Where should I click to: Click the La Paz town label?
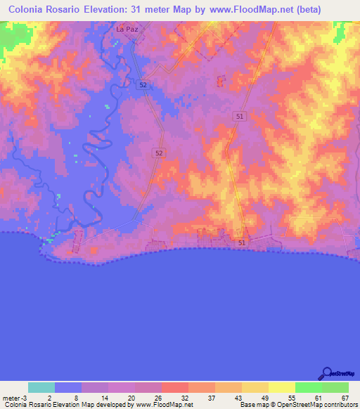tap(127, 30)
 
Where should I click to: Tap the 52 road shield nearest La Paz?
tap(143, 84)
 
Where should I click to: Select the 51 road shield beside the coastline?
tap(242, 242)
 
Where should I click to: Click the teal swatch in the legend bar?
tap(41, 387)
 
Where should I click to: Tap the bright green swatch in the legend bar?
tap(309, 387)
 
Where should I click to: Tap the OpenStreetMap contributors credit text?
tap(319, 405)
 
